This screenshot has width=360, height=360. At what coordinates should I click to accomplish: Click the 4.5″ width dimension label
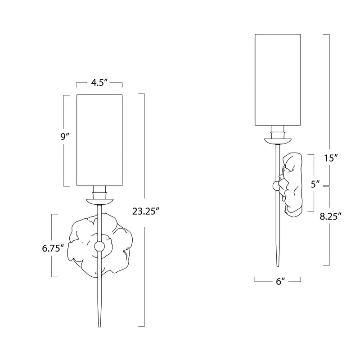coord(99,83)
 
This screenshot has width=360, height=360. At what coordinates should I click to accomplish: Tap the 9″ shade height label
coord(65,137)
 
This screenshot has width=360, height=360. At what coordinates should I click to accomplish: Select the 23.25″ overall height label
coord(146,211)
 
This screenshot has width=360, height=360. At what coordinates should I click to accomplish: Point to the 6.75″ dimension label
coord(53,248)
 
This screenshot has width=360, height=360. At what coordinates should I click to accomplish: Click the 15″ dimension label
coord(330,158)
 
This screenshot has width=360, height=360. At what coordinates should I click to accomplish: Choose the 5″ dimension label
coord(315,184)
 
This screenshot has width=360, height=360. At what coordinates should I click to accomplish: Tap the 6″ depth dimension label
coord(280,282)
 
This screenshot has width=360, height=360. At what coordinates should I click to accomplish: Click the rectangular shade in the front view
coord(99,140)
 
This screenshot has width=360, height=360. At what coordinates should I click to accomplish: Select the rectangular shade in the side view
coord(278,80)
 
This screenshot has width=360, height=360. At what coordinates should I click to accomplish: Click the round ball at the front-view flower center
coord(99,246)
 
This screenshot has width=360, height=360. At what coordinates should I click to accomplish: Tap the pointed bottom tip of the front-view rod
coord(99,327)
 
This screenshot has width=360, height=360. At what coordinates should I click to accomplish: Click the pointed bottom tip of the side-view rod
coord(278,266)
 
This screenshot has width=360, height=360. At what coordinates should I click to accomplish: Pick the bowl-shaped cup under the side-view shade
coord(278,141)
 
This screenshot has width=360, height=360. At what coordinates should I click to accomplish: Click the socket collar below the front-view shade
coord(99,193)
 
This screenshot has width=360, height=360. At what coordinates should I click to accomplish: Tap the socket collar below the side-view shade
coord(278,132)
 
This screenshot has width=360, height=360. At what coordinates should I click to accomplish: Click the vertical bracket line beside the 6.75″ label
coord(52,245)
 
